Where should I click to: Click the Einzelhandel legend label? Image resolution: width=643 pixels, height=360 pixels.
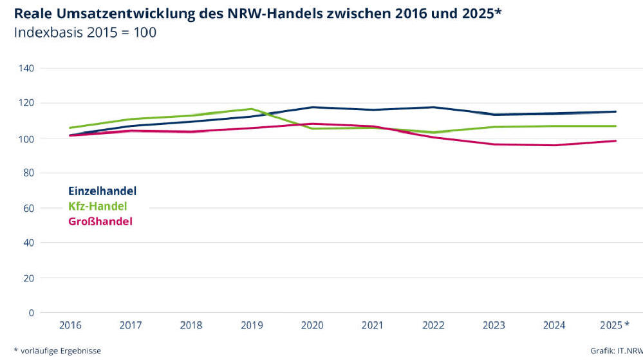[102, 191]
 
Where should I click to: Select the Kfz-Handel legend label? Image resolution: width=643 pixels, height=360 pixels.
[98, 206]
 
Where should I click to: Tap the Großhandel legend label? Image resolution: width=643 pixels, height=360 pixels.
[100, 222]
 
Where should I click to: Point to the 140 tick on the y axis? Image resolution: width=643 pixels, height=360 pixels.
[26, 68]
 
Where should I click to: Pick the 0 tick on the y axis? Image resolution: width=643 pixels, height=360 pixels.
[31, 313]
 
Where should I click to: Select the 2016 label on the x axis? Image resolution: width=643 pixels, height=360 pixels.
[70, 325]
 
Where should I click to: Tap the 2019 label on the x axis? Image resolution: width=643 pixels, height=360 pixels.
[252, 325]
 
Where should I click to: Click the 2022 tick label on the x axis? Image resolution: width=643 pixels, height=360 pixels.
[434, 325]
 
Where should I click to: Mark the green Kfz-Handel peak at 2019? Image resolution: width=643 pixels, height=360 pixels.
[252, 109]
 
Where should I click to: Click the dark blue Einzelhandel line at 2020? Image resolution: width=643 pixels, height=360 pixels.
[312, 107]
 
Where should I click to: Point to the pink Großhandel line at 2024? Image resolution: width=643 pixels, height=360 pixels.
[555, 145]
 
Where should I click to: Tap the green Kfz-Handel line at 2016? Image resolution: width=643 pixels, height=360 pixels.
[70, 128]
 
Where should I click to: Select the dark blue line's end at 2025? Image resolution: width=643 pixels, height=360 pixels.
[615, 111]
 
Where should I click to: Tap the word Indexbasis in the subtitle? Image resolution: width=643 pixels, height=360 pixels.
[45, 32]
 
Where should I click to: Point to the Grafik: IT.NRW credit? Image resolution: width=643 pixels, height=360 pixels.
[615, 350]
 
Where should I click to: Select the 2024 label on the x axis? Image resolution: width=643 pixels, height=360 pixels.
[555, 325]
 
